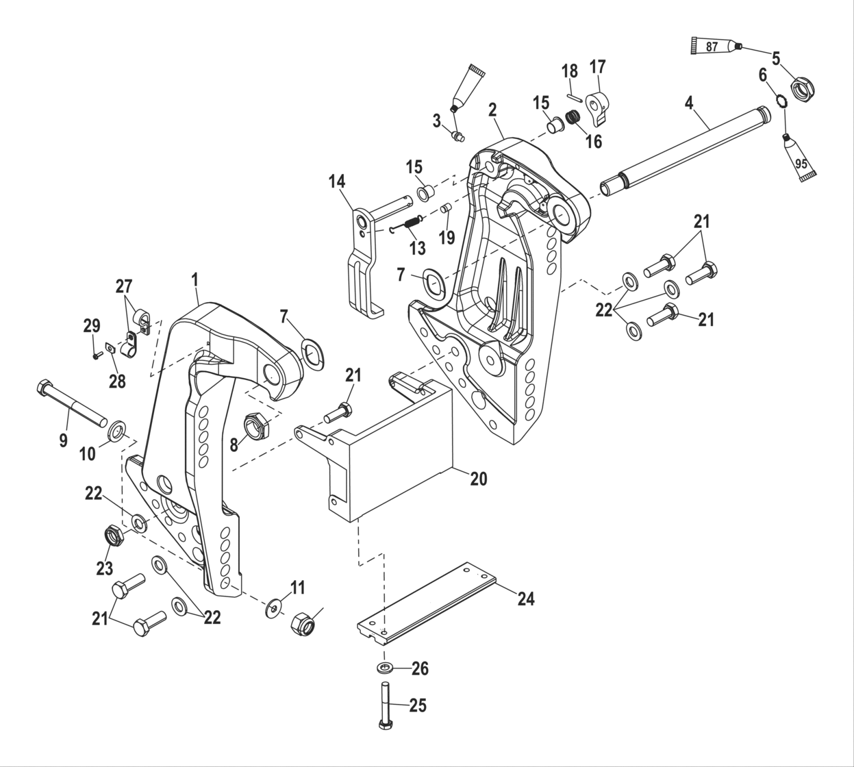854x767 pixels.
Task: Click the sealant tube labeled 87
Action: point(713,47)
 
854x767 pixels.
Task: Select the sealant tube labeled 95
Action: point(799,158)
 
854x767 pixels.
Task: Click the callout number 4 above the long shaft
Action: point(689,103)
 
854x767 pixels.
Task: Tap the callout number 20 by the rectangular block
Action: point(479,479)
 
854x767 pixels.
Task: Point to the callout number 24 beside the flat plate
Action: point(525,599)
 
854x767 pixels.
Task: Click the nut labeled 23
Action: point(112,536)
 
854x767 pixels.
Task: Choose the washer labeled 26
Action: point(384,668)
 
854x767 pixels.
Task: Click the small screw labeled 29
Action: point(97,355)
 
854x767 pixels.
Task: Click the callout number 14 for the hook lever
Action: point(337,181)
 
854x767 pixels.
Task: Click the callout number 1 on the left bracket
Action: point(194,279)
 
